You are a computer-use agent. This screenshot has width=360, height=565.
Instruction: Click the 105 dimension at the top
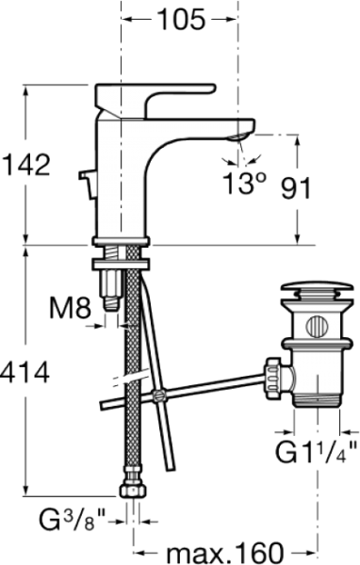coord(179,18)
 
